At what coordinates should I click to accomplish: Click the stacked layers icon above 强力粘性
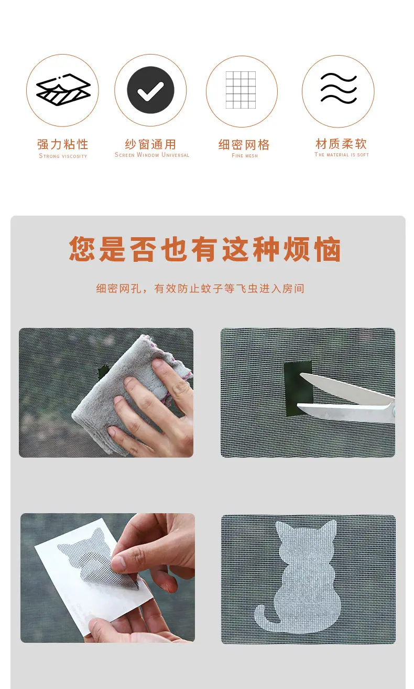(63, 90)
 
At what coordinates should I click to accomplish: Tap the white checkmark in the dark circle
(150, 91)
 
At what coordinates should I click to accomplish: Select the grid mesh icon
(241, 90)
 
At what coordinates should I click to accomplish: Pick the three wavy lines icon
(339, 88)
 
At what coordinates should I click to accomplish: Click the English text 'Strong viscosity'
(63, 156)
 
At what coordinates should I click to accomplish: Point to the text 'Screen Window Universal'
(152, 155)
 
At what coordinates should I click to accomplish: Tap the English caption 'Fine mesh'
(245, 156)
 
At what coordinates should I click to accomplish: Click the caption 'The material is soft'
(342, 154)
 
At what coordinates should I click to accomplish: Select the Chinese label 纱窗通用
(150, 144)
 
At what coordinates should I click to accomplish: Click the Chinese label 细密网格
(244, 144)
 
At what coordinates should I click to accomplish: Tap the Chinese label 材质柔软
(341, 144)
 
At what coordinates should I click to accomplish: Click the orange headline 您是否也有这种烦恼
(205, 249)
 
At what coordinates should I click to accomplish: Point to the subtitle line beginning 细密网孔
(200, 289)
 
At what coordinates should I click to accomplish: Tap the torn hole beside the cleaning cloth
(103, 372)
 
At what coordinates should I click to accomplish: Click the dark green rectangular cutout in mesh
(297, 388)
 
